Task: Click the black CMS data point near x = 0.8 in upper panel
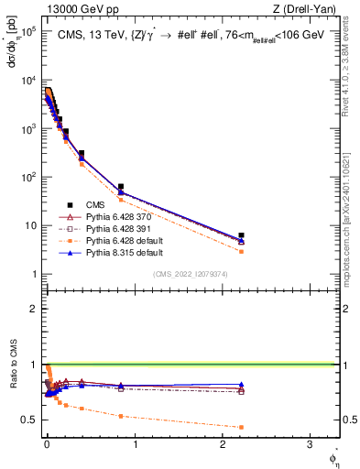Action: pos(121,187)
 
